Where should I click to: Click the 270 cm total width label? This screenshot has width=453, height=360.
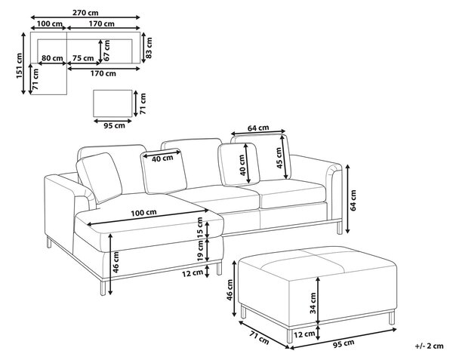tap(85, 12)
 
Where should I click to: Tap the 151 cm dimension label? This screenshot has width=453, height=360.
tap(19, 66)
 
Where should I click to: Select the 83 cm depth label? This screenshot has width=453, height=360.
tap(149, 48)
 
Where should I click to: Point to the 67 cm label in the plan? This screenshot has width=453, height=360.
tap(106, 51)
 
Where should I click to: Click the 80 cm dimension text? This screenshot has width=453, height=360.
tap(52, 58)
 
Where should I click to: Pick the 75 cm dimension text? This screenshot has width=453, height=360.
tap(83, 58)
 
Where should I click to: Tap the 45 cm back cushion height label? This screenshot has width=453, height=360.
tap(279, 158)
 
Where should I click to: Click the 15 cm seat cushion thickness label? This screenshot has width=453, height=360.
tap(200, 227)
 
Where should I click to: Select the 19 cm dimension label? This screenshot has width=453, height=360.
tap(200, 251)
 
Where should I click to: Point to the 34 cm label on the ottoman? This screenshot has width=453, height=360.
tap(313, 303)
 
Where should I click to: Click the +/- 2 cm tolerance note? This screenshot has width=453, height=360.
tap(430, 346)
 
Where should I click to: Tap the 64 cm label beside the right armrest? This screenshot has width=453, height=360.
tap(353, 200)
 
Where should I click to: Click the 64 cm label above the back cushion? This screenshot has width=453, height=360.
tap(258, 128)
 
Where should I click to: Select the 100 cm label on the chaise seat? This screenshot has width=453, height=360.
tap(144, 213)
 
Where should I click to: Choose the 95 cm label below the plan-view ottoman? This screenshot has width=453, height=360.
tap(115, 125)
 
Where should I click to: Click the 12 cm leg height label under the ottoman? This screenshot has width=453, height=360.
tap(304, 334)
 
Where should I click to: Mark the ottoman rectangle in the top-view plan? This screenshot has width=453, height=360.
tap(112, 103)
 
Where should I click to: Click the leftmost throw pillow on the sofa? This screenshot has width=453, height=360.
tap(99, 177)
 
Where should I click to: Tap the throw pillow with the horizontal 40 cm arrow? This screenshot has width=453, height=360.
tap(164, 171)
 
